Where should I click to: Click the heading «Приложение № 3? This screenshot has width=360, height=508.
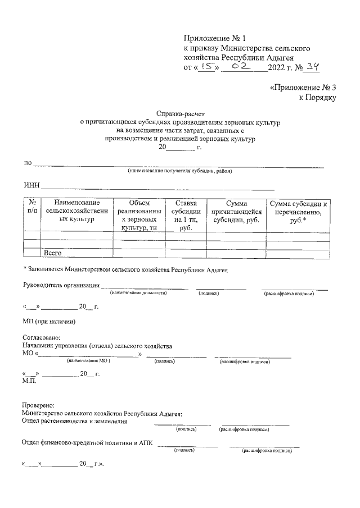click(x=303, y=88)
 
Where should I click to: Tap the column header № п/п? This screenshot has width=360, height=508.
click(x=32, y=207)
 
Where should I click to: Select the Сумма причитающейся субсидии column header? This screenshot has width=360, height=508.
click(x=236, y=211)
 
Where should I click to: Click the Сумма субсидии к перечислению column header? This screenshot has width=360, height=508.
click(x=298, y=211)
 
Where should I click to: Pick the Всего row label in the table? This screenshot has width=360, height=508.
click(x=53, y=253)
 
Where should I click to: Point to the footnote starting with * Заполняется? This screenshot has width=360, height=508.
click(x=125, y=270)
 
